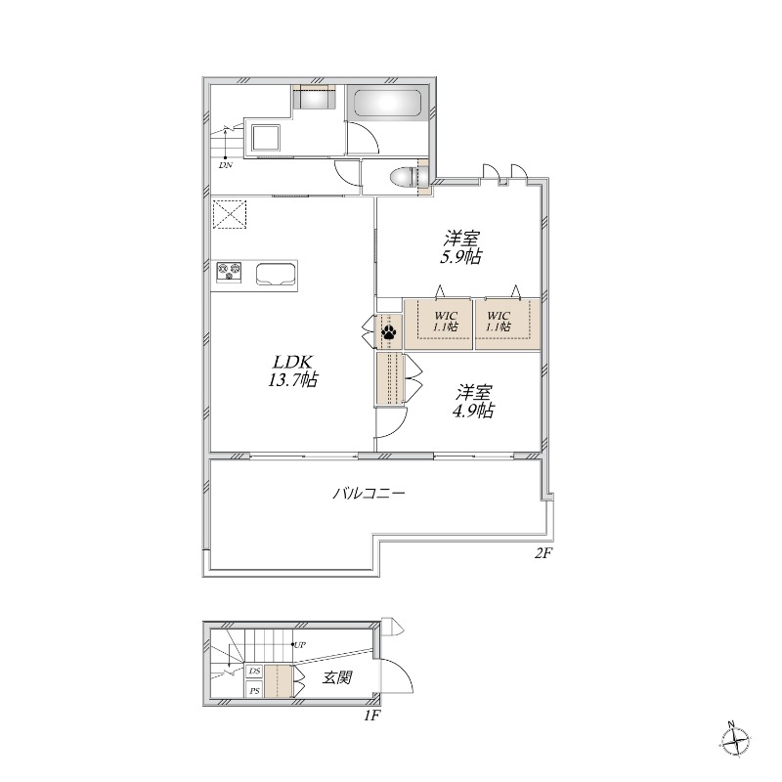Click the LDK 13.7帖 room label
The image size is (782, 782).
click(x=292, y=369)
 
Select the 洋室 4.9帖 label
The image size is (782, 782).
click(x=473, y=402)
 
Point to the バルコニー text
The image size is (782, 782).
click(x=369, y=494)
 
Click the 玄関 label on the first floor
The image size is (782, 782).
click(x=337, y=677)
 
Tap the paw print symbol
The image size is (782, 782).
click(x=389, y=332)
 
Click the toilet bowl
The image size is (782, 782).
click(x=404, y=178)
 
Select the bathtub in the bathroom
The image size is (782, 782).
click(x=386, y=106)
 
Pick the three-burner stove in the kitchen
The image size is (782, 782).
click(x=229, y=271)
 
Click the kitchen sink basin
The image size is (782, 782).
click(x=276, y=273)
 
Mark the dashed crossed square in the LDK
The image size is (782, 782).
click(x=231, y=215)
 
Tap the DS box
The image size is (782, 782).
click(x=254, y=672)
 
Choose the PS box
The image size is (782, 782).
click(x=254, y=691)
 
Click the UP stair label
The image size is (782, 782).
click(x=300, y=645)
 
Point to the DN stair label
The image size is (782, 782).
click(x=226, y=165)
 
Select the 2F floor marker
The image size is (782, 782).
click(x=543, y=553)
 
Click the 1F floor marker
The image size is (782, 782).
click(x=371, y=716)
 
